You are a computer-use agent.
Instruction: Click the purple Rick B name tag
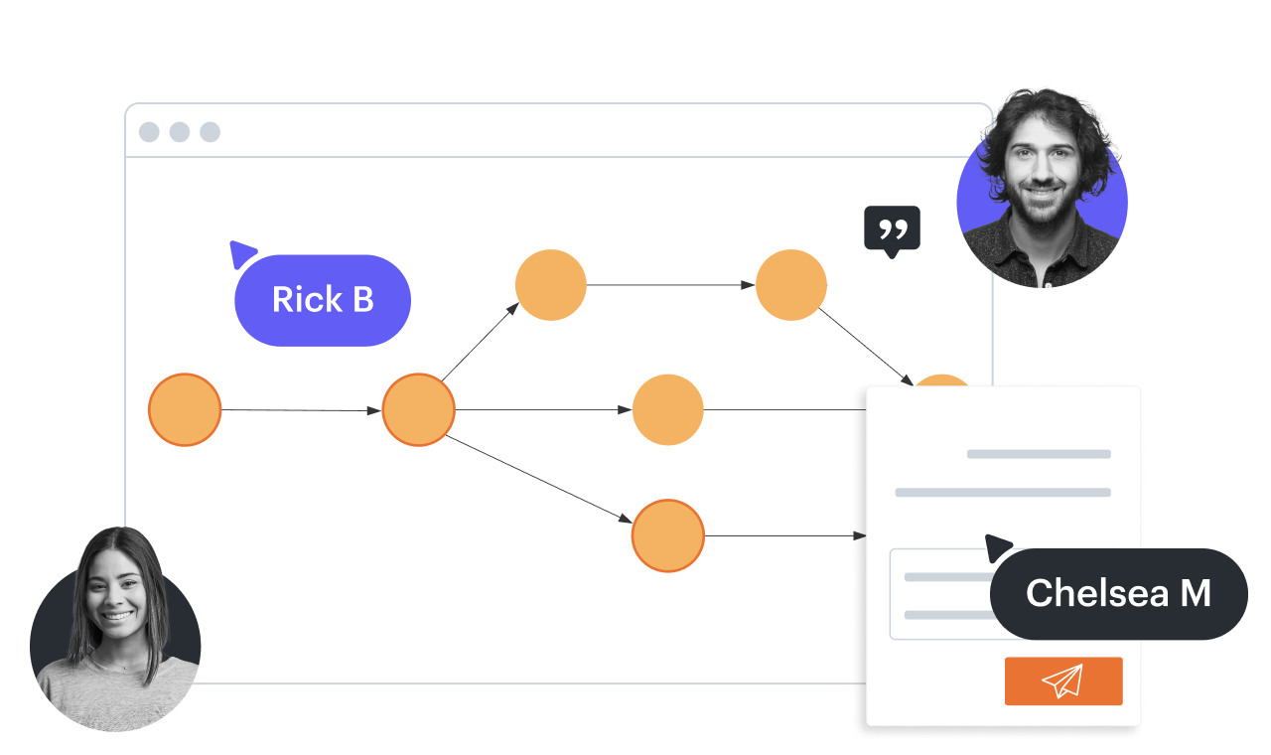click(323, 300)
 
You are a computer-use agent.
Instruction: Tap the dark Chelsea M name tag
click(1118, 594)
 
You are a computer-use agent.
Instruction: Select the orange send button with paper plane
click(1063, 681)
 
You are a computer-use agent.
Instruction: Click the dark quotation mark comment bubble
click(892, 228)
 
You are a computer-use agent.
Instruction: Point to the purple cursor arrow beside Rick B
click(241, 253)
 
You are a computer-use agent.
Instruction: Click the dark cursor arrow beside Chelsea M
click(997, 547)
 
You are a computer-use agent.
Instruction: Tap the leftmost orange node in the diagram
click(185, 409)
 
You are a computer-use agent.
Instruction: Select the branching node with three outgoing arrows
click(418, 409)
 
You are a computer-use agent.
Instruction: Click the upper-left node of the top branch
click(551, 285)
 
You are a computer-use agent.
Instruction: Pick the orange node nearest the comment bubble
click(791, 285)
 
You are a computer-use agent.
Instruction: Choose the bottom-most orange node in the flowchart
click(668, 535)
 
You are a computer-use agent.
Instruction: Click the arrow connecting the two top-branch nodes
click(670, 285)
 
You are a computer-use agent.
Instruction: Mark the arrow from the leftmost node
click(301, 409)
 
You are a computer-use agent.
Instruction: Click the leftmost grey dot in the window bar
click(149, 132)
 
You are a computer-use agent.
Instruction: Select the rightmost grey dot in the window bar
click(210, 132)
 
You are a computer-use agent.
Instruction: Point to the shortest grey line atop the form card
click(1039, 454)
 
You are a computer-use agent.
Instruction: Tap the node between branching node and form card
click(668, 409)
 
